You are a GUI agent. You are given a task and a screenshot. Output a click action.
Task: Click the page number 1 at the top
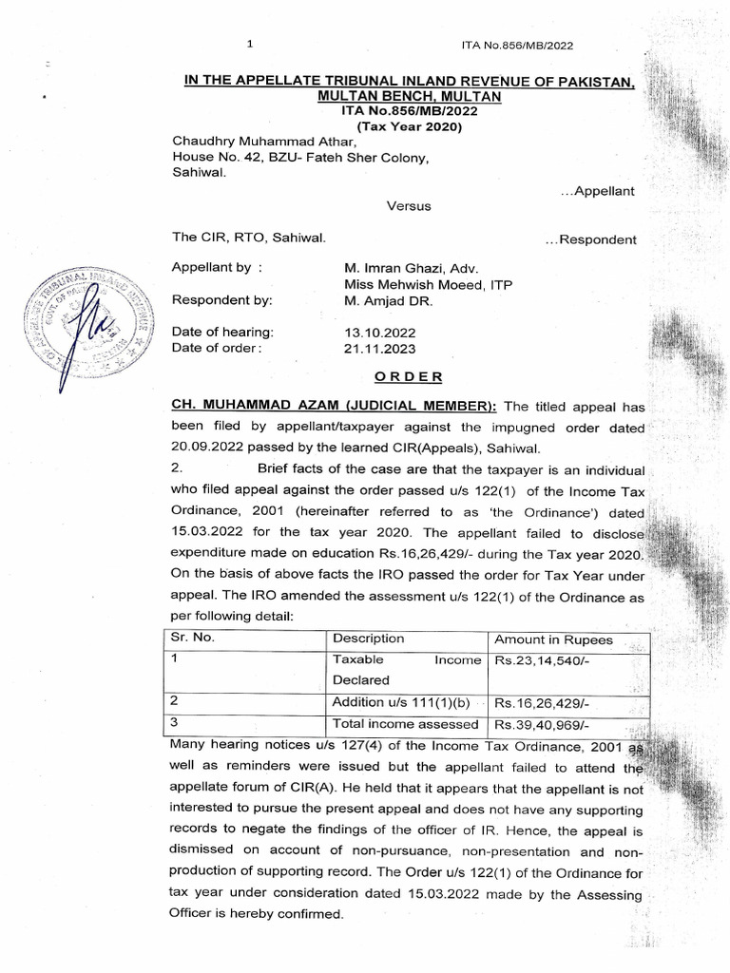tap(249, 44)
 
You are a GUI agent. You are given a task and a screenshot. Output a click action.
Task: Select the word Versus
tap(409, 205)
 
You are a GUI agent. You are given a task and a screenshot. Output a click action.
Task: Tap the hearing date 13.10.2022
tap(379, 333)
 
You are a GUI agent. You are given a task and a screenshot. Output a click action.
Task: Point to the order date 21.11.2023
tap(379, 349)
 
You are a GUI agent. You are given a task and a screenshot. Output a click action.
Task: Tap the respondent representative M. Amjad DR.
tap(387, 300)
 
